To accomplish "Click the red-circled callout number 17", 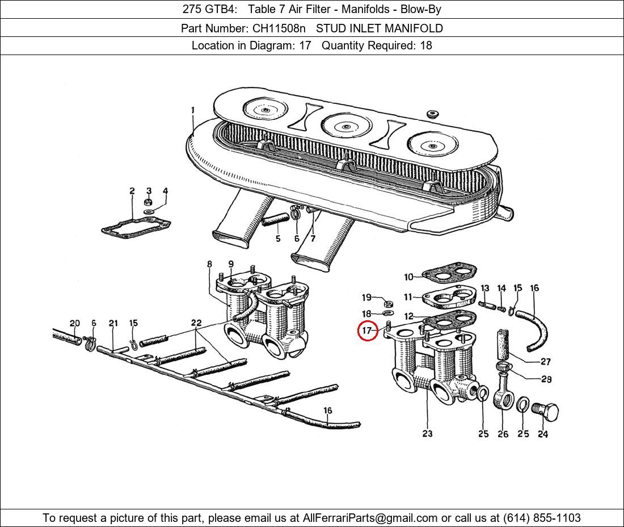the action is [366, 330].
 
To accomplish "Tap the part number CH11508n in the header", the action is [279, 28].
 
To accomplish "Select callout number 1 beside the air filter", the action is [193, 110].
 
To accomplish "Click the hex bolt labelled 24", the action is [545, 412].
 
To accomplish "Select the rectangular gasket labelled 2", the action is [136, 227].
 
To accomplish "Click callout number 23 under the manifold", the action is [427, 433].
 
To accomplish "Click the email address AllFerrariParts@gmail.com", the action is [370, 517].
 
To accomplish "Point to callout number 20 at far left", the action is [75, 323].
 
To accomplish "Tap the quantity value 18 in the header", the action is [426, 45].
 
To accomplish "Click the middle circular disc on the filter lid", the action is [345, 126].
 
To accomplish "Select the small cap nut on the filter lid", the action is [432, 114].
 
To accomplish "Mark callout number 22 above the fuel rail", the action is [196, 323].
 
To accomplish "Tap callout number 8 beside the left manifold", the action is [209, 263].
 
